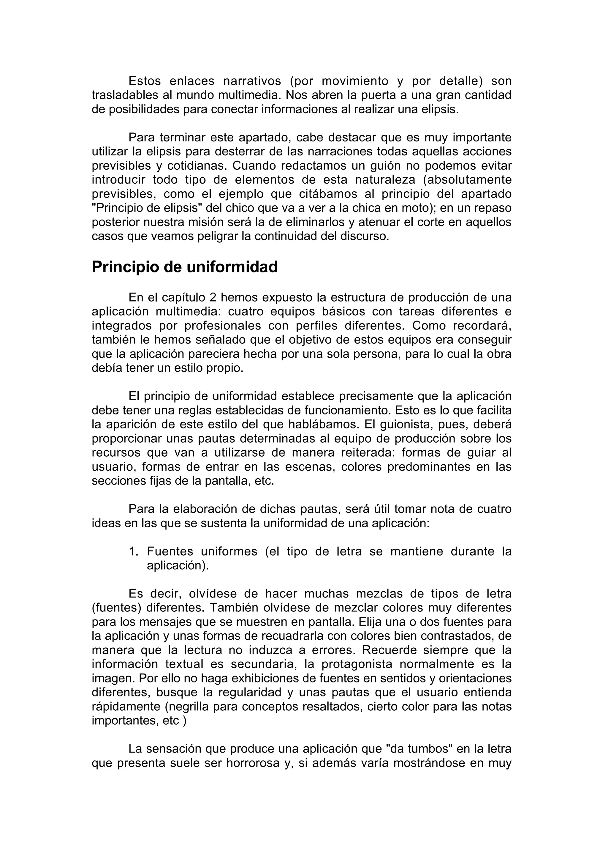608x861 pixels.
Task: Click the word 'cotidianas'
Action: click(x=196, y=166)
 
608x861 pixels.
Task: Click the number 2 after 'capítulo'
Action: click(x=213, y=298)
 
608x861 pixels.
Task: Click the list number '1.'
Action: click(x=134, y=552)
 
